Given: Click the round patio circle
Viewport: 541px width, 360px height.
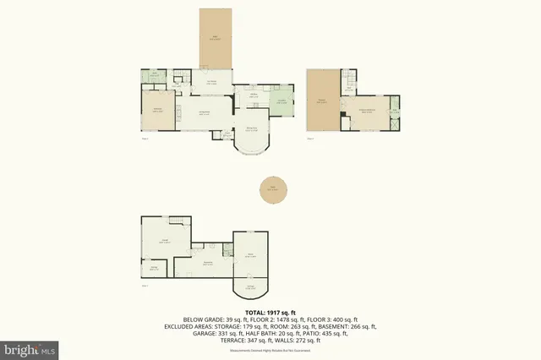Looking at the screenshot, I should [x=271, y=190].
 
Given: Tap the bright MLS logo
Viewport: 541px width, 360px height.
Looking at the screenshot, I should [x=29, y=348].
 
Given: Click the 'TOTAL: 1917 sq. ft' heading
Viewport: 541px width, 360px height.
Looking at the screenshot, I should [x=270, y=313].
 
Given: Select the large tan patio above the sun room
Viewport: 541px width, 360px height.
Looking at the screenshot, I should [x=215, y=37].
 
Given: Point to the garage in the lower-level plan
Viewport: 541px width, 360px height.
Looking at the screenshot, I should [x=164, y=243].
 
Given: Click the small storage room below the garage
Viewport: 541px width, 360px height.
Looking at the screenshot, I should [x=155, y=268].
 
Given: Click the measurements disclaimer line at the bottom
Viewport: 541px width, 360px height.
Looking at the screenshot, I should [x=270, y=349].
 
